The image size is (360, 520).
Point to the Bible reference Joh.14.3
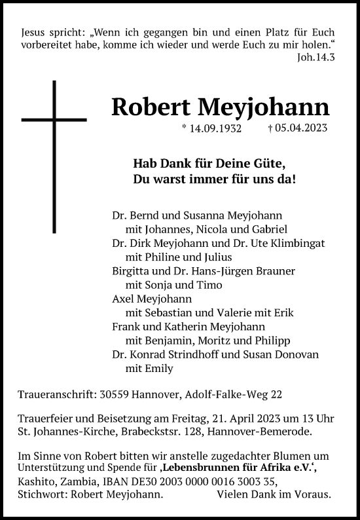(x=316, y=56)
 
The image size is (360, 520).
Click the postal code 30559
(x=107, y=394)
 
